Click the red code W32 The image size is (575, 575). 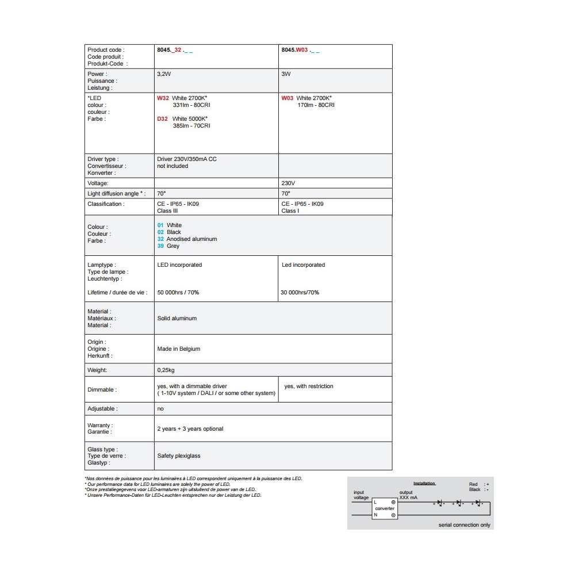[x=163, y=98]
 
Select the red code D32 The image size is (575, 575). [x=163, y=119]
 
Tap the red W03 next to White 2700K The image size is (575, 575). [x=287, y=98]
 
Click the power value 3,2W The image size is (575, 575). [x=164, y=74]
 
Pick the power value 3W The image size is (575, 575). [x=286, y=74]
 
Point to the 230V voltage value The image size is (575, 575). [x=288, y=183]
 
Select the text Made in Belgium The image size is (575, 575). [x=178, y=349]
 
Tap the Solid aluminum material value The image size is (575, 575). [x=177, y=318]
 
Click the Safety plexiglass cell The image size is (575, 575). [x=179, y=456]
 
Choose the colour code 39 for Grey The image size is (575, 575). [x=160, y=246]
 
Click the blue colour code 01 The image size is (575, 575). [x=160, y=225]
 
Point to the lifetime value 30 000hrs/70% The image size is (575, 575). [x=300, y=293]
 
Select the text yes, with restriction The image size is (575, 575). [x=309, y=386]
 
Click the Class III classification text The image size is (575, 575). [x=167, y=211]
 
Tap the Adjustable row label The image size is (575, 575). [x=102, y=409]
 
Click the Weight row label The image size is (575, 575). [x=97, y=370]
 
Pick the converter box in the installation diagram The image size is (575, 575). [x=384, y=509]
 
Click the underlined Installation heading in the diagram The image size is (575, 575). [x=424, y=484]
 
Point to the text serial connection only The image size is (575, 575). [x=465, y=525]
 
